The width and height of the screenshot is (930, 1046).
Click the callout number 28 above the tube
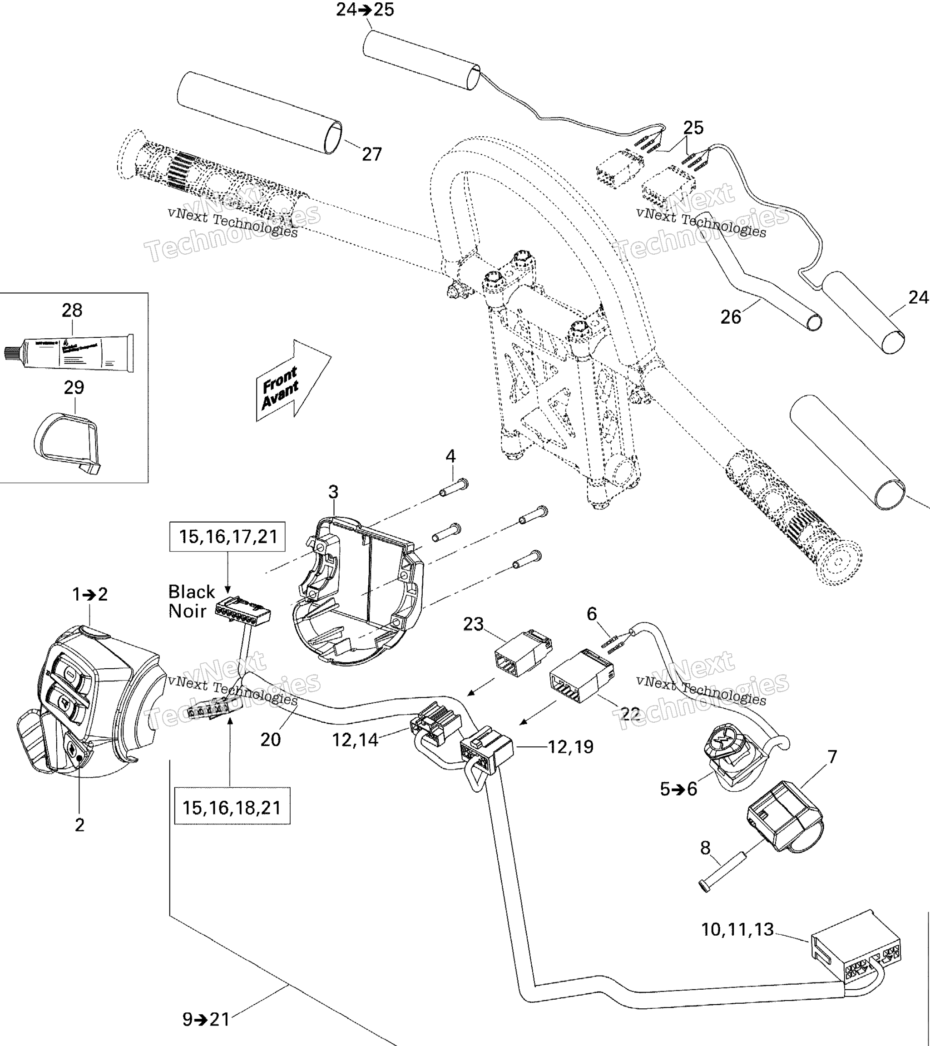tap(72, 310)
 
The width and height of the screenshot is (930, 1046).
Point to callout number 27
tap(371, 154)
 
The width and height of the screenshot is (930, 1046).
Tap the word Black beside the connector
tap(192, 592)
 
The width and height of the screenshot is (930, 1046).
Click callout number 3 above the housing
tap(333, 492)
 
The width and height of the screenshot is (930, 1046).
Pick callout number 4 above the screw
tap(450, 456)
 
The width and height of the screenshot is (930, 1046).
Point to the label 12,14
tap(355, 740)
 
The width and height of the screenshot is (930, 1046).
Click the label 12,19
tap(571, 747)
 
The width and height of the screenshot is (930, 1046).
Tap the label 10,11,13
tap(737, 929)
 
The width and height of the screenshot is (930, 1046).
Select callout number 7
tap(832, 756)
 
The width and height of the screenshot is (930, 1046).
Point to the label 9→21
tap(206, 1019)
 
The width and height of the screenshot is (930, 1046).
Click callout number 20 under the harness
tap(270, 739)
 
